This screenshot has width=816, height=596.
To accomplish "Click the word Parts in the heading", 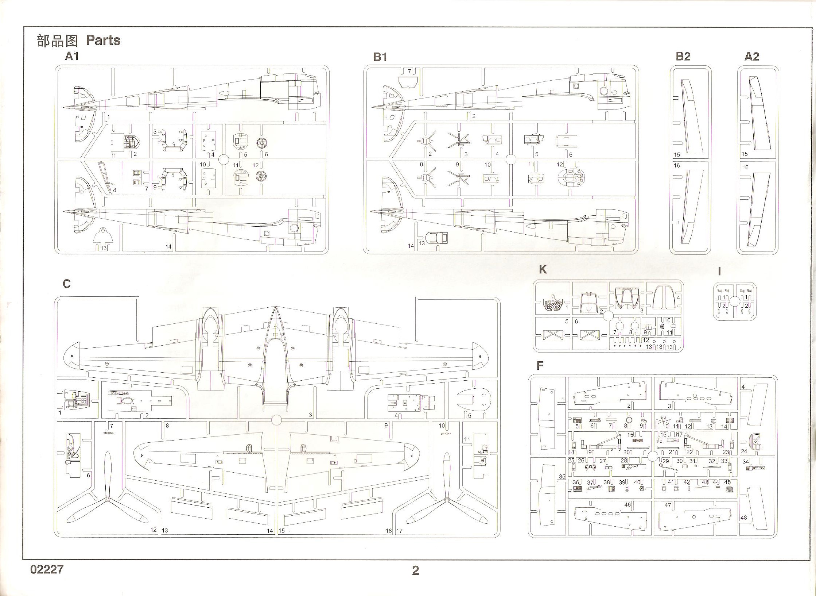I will coord(103,41).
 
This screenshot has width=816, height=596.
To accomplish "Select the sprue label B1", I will coord(380,57).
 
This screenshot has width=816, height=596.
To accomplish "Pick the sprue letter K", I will coord(543,269).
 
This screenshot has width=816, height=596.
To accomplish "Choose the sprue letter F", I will coord(540,366).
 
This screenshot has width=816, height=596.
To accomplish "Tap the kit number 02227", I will coord(47,569).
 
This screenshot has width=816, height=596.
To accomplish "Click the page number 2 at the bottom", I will coord(415,570).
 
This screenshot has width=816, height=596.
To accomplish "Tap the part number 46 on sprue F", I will coord(627,505).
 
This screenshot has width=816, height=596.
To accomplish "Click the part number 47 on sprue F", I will coord(668,505).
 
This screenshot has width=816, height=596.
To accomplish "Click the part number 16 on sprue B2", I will coord(677,165).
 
